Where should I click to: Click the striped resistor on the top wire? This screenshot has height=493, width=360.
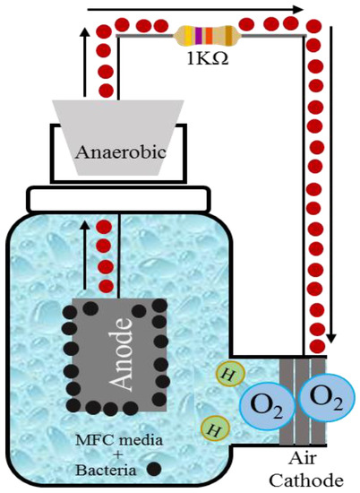click(206, 36)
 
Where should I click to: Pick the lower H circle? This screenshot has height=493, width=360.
click(213, 428)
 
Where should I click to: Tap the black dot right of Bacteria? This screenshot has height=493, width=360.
click(154, 467)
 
